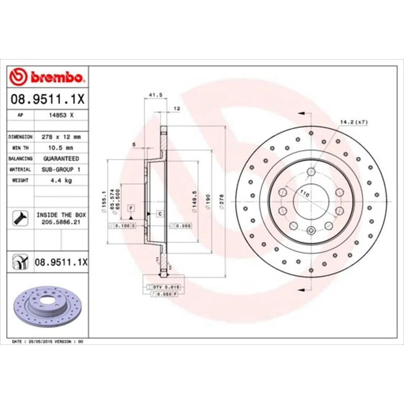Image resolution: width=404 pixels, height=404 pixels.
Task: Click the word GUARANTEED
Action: [x=61, y=159]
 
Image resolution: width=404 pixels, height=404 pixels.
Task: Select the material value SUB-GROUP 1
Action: [x=61, y=169]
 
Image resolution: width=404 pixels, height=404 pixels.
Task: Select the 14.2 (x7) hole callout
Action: [x=354, y=122]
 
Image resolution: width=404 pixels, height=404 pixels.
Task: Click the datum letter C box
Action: [x=160, y=214]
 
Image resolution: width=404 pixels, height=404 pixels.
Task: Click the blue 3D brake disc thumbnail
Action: [x=46, y=306]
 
